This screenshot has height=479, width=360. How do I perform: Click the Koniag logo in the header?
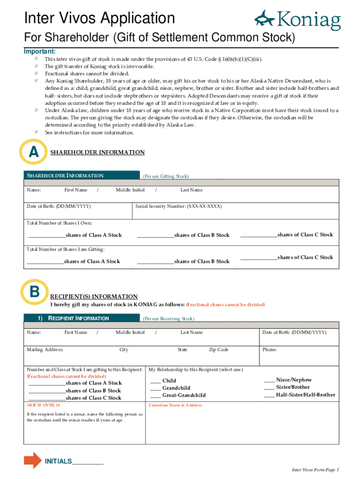click(297, 20)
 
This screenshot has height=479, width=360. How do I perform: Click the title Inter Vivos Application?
click(100, 19)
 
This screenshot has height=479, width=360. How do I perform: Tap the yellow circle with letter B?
click(34, 292)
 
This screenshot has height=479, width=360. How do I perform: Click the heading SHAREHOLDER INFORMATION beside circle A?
click(97, 152)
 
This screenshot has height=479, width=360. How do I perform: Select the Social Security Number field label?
click(178, 206)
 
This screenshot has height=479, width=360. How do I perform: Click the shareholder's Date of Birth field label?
click(58, 206)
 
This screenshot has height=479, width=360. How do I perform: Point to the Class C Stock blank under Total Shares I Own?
click(259, 235)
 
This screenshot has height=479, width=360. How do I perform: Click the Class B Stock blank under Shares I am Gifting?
click(155, 261)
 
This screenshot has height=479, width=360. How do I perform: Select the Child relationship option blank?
click(155, 381)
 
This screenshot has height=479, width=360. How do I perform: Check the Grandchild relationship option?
click(155, 388)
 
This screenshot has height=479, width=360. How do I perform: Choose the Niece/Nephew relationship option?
click(269, 380)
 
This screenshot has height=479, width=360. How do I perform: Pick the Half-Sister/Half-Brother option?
click(269, 395)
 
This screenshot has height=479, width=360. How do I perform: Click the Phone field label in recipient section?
click(269, 350)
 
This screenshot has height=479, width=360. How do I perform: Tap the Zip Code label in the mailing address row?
click(218, 350)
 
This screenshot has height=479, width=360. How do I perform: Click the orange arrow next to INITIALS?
click(32, 460)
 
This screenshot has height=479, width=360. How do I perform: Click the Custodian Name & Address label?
click(175, 405)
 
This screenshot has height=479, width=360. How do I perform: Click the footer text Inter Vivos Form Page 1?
click(315, 470)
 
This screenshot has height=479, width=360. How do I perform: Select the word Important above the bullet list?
click(40, 51)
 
